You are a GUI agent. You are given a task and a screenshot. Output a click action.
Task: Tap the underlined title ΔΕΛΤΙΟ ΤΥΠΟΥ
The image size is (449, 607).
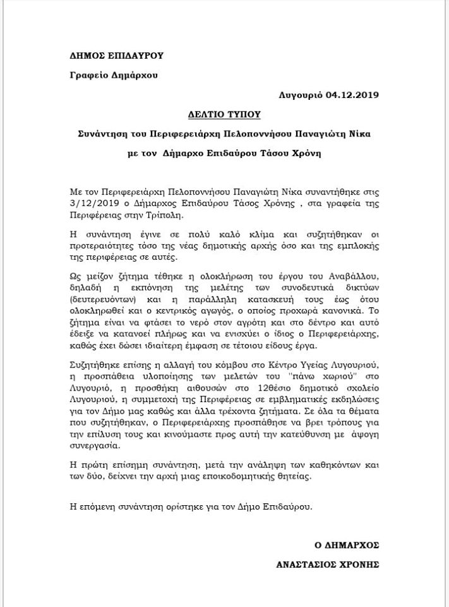[225, 115]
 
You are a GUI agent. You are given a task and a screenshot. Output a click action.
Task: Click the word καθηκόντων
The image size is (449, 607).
[331, 464]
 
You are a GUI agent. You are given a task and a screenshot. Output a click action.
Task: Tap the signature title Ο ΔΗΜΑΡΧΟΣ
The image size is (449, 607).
[347, 544]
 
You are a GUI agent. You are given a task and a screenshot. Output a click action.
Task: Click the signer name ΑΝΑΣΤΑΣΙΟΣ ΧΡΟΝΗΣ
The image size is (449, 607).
[328, 563]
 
